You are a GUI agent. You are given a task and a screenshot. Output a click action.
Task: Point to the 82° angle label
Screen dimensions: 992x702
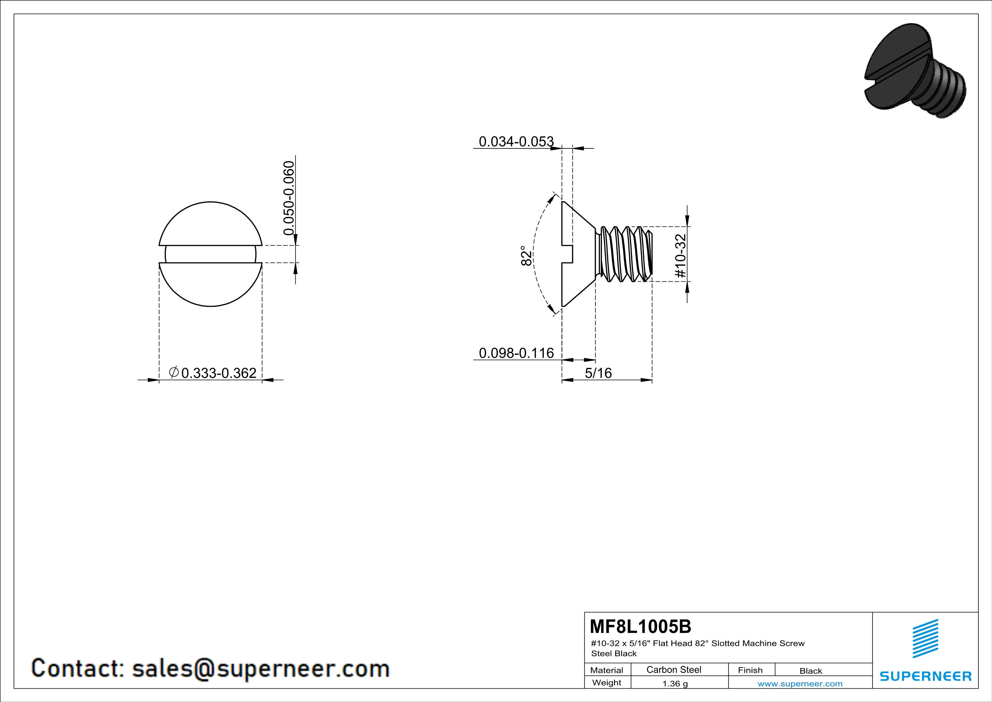(526, 256)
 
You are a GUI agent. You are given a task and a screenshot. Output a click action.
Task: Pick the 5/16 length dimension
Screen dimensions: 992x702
(599, 373)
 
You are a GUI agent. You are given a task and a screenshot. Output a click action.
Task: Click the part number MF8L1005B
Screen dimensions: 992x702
(640, 626)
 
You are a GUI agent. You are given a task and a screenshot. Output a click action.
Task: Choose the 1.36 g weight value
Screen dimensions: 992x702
(675, 683)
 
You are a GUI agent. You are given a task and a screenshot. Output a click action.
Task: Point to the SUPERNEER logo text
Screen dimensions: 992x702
(926, 676)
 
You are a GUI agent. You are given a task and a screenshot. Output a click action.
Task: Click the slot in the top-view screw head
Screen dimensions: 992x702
(210, 254)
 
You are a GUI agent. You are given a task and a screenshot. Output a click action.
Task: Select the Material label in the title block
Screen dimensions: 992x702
(607, 670)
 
